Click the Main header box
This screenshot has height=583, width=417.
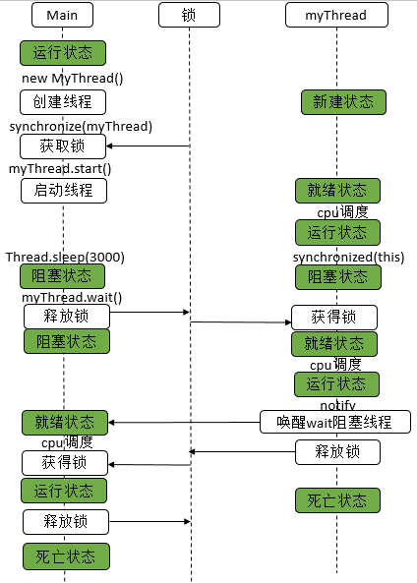64,16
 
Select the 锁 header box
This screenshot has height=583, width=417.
189,16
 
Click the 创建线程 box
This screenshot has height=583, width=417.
63,101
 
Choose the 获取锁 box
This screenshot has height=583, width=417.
63,146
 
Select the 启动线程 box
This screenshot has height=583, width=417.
63,190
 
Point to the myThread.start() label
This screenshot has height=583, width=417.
60,168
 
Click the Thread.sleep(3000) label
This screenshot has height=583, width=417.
64,257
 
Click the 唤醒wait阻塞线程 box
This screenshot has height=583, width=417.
334,422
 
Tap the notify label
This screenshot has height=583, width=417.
337,405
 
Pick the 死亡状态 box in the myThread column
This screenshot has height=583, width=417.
337,500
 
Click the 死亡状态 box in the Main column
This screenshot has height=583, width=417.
66,556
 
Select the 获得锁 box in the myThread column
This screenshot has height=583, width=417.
333,318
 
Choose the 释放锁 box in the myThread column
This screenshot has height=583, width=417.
337,452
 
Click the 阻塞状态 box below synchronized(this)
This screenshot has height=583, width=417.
337,277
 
